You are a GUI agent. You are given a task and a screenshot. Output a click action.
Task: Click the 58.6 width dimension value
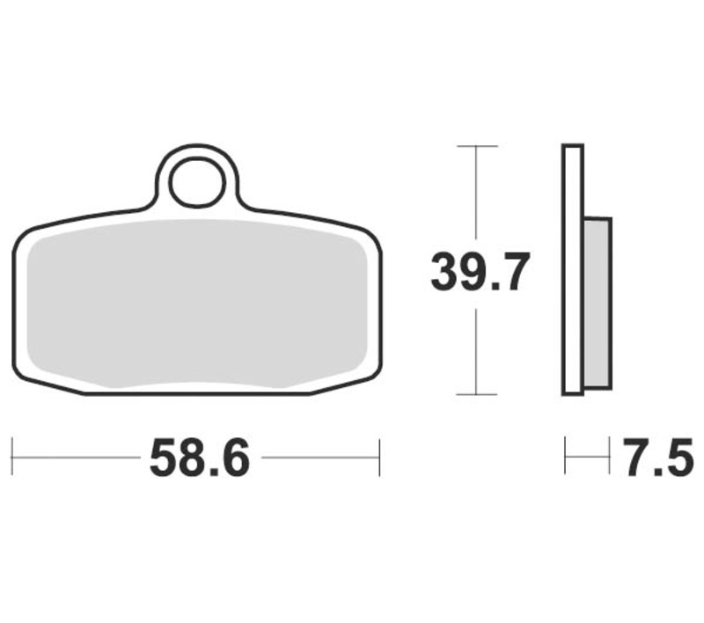pyautogui.click(x=200, y=458)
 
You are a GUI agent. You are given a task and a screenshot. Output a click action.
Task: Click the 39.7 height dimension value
pyautogui.click(x=480, y=272)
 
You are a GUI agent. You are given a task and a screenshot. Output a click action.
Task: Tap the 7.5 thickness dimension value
pyautogui.click(x=658, y=458)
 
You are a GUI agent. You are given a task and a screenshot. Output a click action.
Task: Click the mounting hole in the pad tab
pyautogui.click(x=196, y=182)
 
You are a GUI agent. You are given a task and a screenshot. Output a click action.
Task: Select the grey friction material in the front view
pyautogui.click(x=196, y=304)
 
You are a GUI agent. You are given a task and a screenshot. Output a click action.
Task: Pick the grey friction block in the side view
pyautogui.click(x=598, y=303)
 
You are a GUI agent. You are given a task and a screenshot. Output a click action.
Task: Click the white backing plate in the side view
pyautogui.click(x=573, y=270)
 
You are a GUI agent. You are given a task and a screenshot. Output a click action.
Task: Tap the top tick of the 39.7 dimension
pyautogui.click(x=477, y=146)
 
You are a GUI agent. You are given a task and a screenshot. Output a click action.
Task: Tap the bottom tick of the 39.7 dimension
pyautogui.click(x=476, y=394)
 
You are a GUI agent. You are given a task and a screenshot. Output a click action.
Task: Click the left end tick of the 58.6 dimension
pyautogui.click(x=12, y=458)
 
